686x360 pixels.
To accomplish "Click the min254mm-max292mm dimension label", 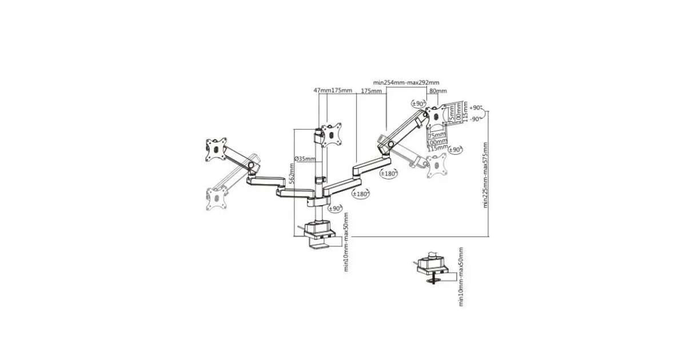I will pos(406,82).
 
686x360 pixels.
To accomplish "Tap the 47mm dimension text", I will pos(322,91).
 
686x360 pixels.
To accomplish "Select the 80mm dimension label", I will pos(437,91).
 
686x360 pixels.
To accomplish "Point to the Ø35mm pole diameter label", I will pos(305,158).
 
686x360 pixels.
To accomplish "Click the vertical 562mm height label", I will pos(291,172).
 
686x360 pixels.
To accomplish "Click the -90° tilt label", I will pos(476,118).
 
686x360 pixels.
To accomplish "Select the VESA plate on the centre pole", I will pos(332,133).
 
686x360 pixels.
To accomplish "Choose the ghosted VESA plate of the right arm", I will pos(437,166).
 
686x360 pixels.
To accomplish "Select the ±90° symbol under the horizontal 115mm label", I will pos(455,150).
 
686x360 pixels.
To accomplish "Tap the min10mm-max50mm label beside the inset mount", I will pos(461,277).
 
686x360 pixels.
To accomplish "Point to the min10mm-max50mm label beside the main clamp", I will pos(346,243).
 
